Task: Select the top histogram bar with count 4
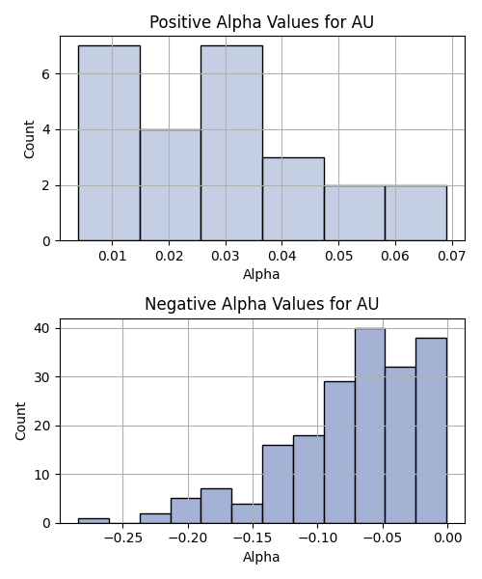[x=171, y=185]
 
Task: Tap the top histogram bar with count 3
[x=294, y=199]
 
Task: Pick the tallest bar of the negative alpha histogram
[x=370, y=426]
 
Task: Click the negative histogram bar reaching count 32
[x=400, y=445]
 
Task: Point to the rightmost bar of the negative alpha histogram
[x=431, y=430]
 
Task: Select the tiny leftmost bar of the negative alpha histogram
[x=94, y=521]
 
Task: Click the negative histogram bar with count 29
[x=339, y=453]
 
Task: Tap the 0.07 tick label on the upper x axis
[x=452, y=256]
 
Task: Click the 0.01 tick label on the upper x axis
[x=112, y=256]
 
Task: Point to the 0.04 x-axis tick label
[x=282, y=256]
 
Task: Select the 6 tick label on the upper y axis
[x=46, y=74]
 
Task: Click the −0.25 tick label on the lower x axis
[x=122, y=538]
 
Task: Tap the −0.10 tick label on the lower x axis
[x=317, y=538]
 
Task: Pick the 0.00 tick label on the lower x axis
[x=447, y=538]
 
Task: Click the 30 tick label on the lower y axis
[x=42, y=377]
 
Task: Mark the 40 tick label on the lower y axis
[x=42, y=329]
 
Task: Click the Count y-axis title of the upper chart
[x=29, y=139]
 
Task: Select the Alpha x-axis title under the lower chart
[x=261, y=557]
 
